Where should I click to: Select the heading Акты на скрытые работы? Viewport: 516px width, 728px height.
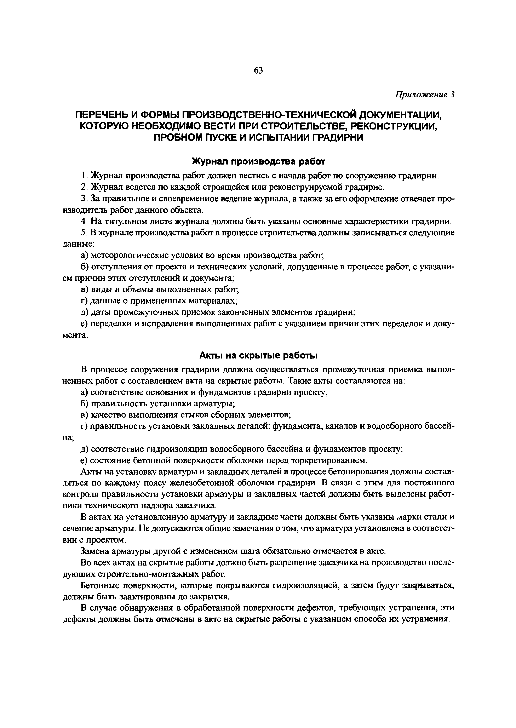(258, 356)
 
